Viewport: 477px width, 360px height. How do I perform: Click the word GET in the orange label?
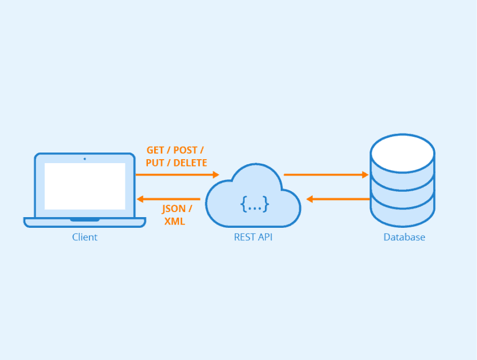click(155, 150)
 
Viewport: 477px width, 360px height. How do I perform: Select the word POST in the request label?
click(186, 150)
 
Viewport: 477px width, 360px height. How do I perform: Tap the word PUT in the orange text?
click(156, 163)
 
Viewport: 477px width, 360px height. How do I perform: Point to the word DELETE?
click(190, 163)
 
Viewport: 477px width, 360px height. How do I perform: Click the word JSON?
click(173, 209)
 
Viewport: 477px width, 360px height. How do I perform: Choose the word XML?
click(174, 221)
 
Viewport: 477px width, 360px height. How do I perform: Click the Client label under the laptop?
click(84, 237)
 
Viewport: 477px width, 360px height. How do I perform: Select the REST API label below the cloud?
click(253, 237)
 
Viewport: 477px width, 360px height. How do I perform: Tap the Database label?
click(404, 237)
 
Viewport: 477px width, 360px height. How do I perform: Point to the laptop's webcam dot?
click(85, 159)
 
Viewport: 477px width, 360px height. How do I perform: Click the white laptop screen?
click(85, 186)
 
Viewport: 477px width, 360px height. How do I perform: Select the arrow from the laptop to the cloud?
click(177, 175)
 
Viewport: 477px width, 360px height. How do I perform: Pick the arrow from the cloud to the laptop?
click(169, 199)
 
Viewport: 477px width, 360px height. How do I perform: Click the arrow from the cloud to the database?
click(326, 175)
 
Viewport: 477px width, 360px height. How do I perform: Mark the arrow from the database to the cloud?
click(337, 199)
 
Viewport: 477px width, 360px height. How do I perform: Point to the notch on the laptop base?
click(85, 219)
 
